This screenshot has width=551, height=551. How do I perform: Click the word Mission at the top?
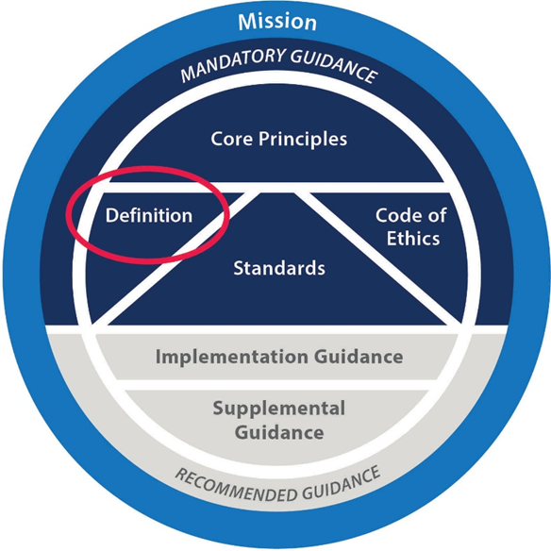277,22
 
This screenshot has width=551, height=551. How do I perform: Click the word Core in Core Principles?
232,139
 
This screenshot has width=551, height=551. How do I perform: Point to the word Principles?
303,140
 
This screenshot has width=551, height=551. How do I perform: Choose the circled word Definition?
149,215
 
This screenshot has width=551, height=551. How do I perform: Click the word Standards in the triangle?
279,268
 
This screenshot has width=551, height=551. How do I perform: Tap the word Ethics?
413,238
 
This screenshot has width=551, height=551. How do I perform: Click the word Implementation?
232,357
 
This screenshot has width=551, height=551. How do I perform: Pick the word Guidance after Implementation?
359,357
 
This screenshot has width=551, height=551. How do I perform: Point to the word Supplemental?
279,409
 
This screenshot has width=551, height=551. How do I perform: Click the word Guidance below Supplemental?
279,432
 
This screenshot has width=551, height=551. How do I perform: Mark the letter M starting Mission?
247,22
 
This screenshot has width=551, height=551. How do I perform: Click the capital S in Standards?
240,268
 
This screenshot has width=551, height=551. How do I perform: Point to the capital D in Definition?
112,215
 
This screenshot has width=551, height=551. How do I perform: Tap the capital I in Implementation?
158,357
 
